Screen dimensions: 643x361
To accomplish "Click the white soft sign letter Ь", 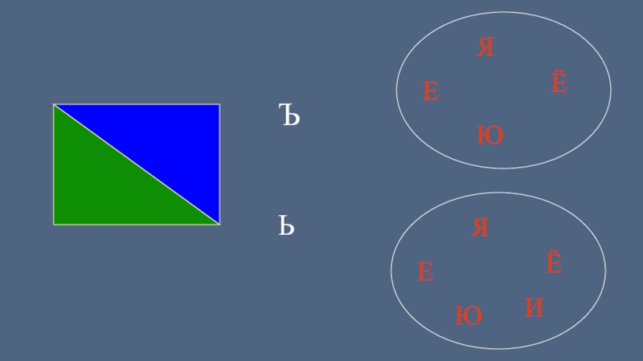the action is pyautogui.click(x=288, y=227).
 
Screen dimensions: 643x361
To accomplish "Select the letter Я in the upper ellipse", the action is pyautogui.click(x=485, y=47).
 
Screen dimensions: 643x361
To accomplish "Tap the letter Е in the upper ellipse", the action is pyautogui.click(x=431, y=92).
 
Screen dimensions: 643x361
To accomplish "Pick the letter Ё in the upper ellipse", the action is pyautogui.click(x=559, y=83).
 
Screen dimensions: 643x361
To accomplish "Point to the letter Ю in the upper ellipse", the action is pyautogui.click(x=489, y=136).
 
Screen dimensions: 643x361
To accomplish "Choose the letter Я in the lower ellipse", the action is pyautogui.click(x=480, y=228).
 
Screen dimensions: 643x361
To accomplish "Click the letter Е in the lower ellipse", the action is pyautogui.click(x=426, y=273).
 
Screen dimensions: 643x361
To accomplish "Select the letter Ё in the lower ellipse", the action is pyautogui.click(x=554, y=263).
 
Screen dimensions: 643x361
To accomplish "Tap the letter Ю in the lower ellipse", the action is pyautogui.click(x=469, y=316).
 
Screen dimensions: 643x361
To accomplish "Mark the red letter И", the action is pyautogui.click(x=534, y=308).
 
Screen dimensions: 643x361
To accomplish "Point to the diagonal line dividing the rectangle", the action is pyautogui.click(x=137, y=164).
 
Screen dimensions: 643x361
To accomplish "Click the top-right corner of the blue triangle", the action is pyautogui.click(x=219, y=105).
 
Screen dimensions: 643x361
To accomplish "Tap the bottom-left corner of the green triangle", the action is pyautogui.click(x=55, y=224).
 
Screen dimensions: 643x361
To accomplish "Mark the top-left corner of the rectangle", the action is pyautogui.click(x=55, y=105).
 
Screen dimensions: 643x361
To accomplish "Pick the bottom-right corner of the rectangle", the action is pyautogui.click(x=219, y=224).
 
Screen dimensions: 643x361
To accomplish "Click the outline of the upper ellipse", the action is pyautogui.click(x=397, y=90).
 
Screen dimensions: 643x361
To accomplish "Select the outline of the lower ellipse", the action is pyautogui.click(x=391, y=270).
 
